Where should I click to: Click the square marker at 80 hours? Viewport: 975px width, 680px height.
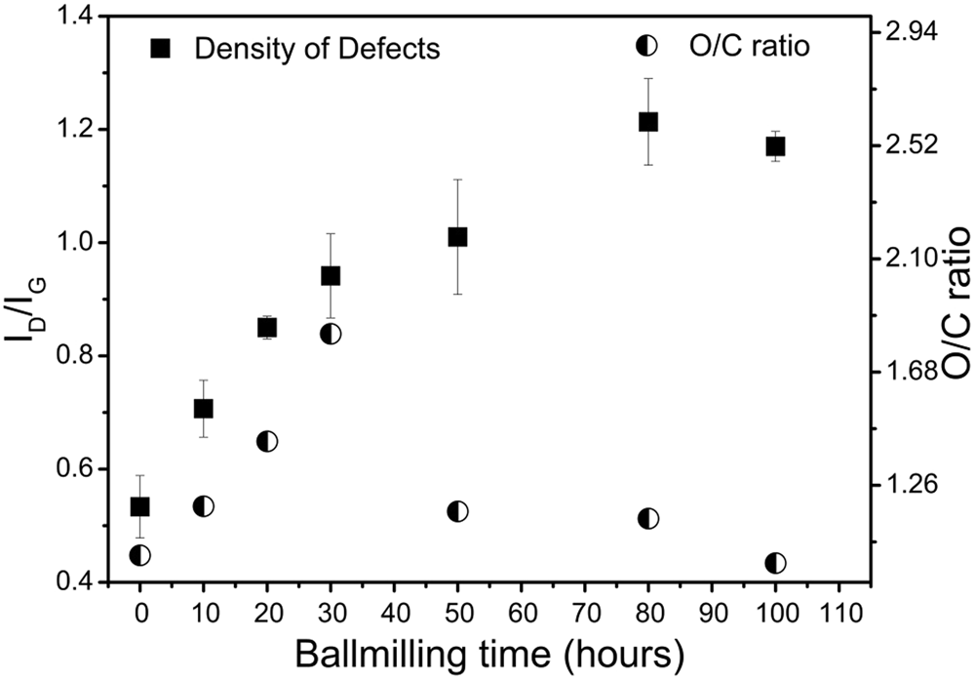click(648, 121)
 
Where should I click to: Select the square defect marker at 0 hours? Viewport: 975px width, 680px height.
click(139, 506)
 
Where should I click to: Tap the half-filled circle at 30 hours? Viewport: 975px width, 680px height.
click(331, 334)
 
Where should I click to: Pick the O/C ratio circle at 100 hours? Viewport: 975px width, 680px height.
click(776, 563)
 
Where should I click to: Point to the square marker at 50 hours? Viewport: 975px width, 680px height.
click(457, 236)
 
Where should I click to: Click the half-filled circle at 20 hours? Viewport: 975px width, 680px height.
click(267, 441)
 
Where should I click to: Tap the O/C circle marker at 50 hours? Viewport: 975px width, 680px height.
click(457, 511)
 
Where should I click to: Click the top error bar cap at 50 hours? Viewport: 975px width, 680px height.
click(457, 180)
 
